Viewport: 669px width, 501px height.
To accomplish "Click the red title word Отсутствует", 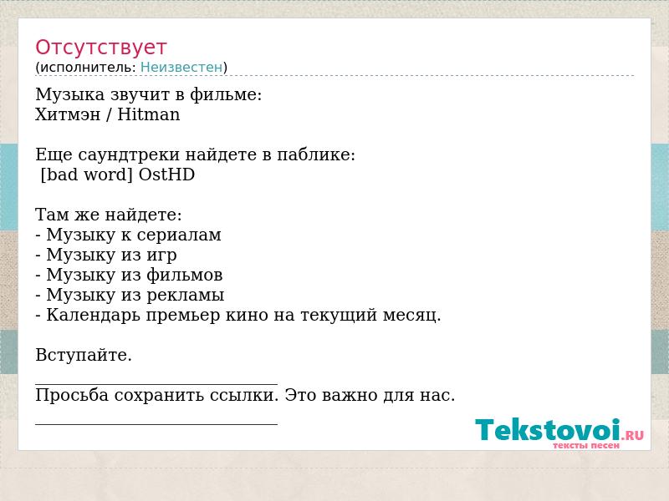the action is pos(100,48).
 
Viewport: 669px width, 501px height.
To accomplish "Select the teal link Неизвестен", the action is pos(181,67).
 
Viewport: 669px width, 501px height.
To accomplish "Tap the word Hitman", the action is pos(149,114).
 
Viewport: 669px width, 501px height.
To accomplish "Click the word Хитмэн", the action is pos(68,114).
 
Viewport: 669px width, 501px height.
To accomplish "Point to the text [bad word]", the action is pos(87,175).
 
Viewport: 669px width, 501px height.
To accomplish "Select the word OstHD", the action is pos(166,175).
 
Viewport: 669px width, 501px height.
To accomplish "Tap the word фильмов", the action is pos(184,275).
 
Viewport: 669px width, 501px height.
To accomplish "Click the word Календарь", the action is pos(94,316).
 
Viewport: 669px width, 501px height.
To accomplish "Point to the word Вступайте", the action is pos(84,355).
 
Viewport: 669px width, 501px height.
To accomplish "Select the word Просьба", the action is pos(72,395).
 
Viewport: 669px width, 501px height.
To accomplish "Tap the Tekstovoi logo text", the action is pos(548,430).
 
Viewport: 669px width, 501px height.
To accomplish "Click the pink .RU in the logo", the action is pos(633,435).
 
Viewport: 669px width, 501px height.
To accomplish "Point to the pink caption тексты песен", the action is pos(586,446).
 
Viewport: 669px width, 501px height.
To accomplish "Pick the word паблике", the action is pos(316,154).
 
